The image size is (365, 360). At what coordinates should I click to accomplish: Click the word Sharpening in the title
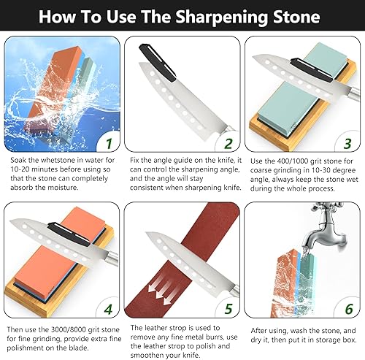point(221,18)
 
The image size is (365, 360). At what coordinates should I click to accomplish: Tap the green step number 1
point(109,144)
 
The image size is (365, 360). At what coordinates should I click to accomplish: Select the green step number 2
point(228,144)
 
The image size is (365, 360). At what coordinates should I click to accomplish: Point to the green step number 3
point(347,144)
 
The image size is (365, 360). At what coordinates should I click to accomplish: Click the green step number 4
point(108,310)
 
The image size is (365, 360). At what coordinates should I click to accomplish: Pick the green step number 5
point(228,309)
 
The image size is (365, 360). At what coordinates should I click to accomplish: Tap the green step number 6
point(349,309)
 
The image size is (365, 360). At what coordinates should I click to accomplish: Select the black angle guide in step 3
point(312,70)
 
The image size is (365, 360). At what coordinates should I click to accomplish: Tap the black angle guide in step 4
point(69,233)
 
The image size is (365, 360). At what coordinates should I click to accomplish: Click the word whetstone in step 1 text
point(58,160)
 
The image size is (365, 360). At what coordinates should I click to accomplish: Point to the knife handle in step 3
point(355,93)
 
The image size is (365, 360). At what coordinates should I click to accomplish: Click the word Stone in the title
point(296,18)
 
